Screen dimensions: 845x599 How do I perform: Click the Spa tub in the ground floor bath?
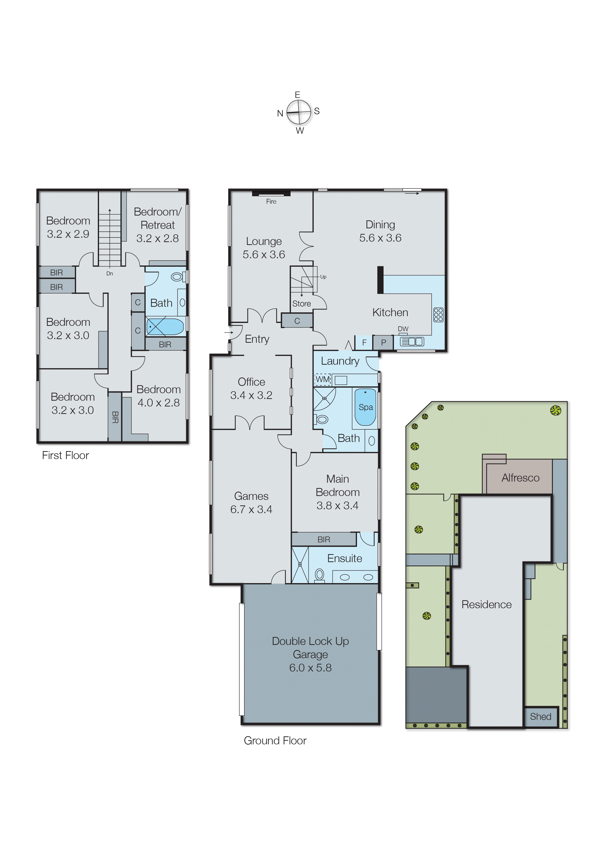365,407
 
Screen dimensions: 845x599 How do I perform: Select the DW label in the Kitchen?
403,329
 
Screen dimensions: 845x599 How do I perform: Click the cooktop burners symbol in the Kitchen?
438,315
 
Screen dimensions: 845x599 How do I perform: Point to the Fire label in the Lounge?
271,202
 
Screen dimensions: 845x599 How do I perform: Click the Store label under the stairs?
301,304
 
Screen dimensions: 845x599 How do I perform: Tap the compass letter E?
297,95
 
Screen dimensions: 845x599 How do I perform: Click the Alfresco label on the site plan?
520,478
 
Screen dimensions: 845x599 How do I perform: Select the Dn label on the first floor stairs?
110,273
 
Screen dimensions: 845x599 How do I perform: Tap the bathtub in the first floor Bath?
165,327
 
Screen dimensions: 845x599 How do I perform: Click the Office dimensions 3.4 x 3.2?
251,395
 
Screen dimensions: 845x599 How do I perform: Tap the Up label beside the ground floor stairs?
323,277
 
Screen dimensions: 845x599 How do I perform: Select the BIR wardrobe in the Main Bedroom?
324,539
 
